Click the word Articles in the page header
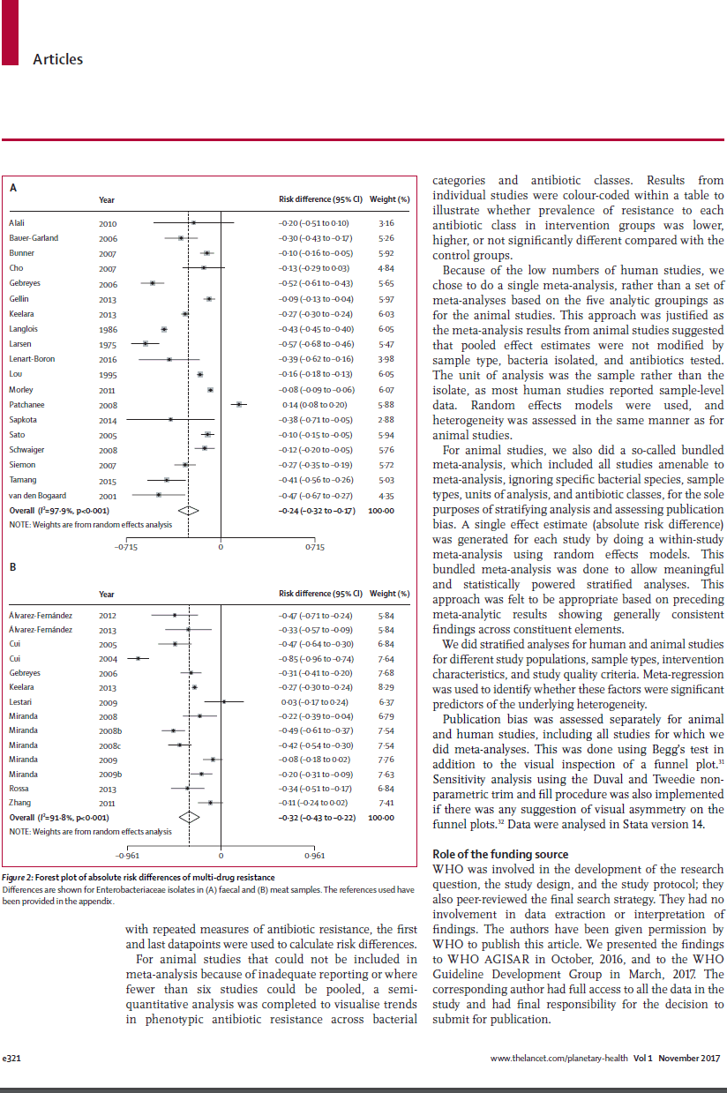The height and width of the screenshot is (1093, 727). [57, 59]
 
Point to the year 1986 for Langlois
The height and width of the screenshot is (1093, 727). [108, 329]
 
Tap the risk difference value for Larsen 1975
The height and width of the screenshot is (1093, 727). [316, 343]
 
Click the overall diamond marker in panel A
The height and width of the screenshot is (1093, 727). [189, 510]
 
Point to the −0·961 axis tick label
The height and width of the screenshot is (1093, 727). [129, 855]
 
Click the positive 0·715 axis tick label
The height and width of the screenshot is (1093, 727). [314, 547]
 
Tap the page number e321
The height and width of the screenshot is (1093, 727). [12, 1057]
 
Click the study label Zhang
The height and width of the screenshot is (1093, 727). [19, 803]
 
